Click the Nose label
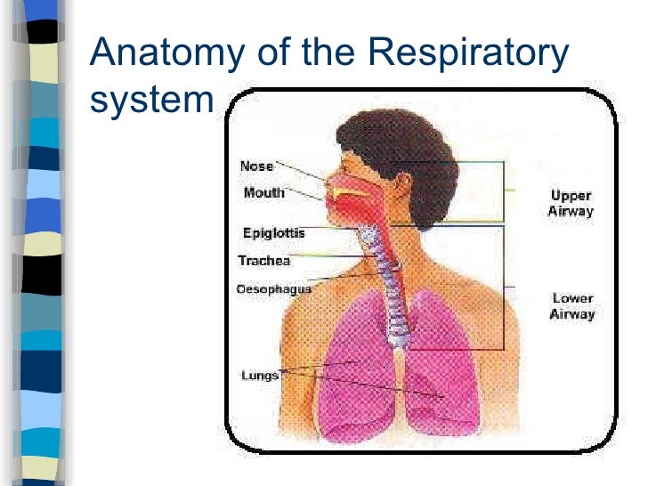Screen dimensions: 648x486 pos(256,166)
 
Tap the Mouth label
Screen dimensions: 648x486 pos(263,192)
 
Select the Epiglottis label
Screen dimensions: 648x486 pos(273,233)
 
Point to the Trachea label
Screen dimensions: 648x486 pos(263,261)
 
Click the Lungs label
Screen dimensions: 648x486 pos(260,376)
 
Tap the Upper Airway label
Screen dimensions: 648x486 pos(570,204)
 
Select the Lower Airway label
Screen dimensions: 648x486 pos(572,306)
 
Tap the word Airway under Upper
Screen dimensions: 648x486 pos(570,212)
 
